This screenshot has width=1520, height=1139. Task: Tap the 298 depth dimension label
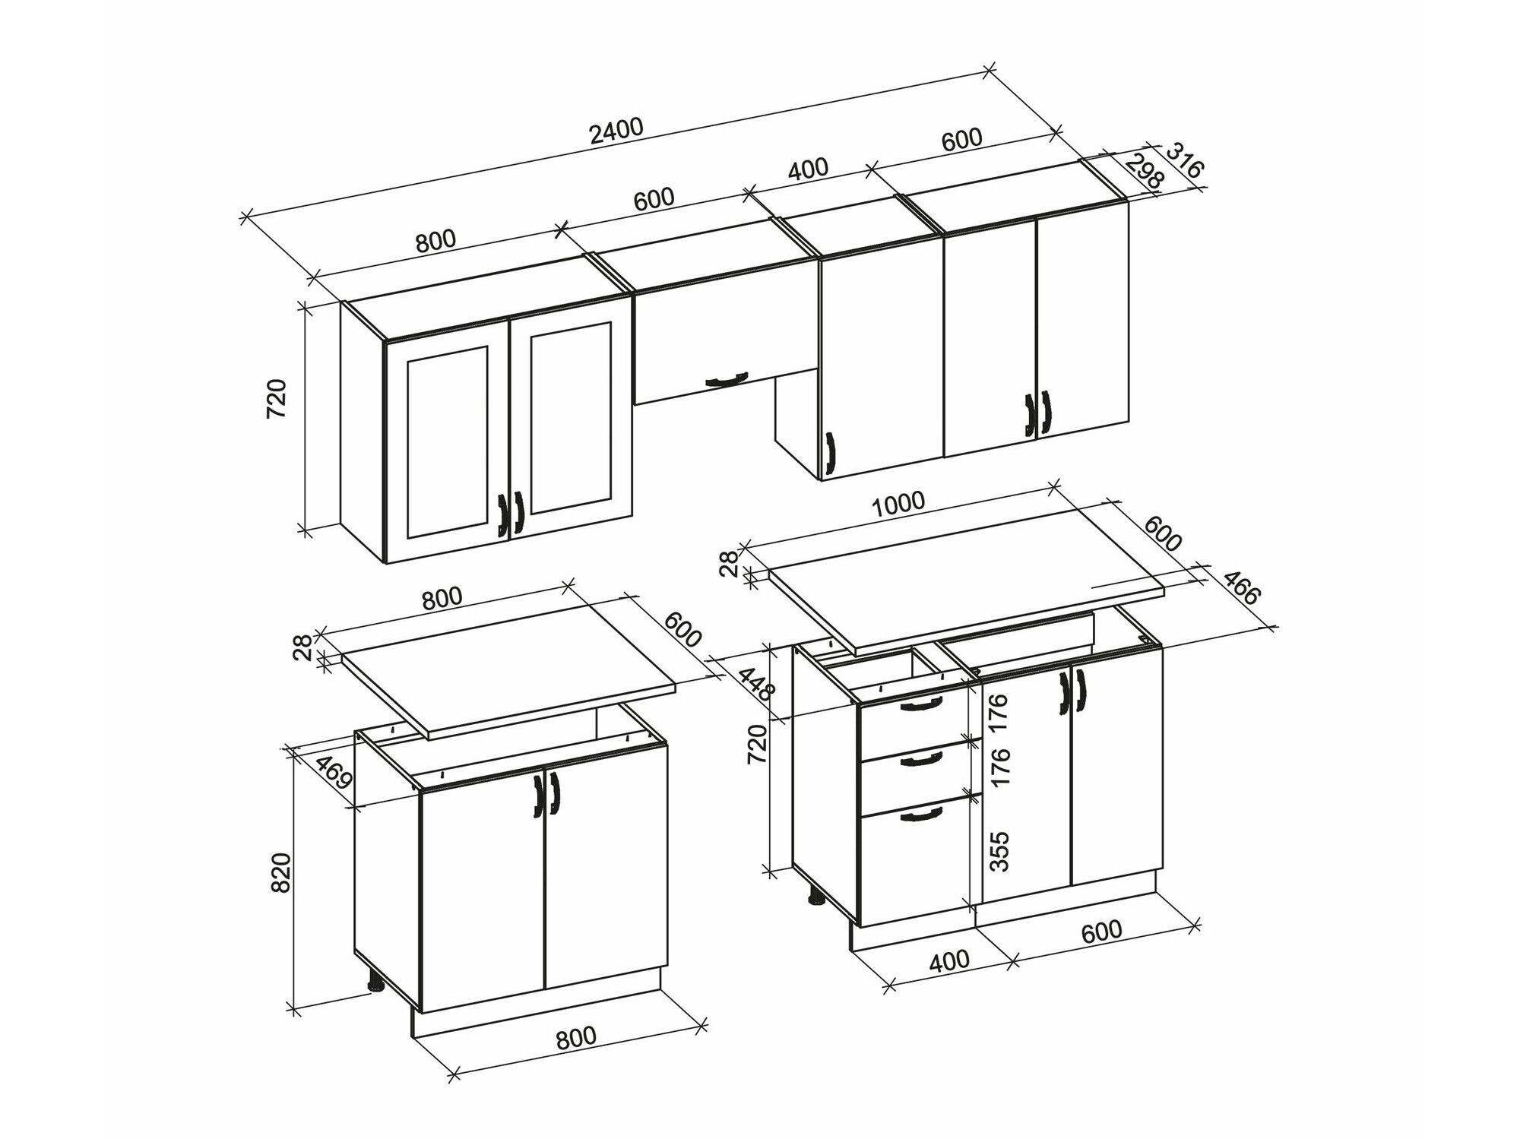1145,172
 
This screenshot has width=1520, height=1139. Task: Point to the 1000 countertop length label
898,504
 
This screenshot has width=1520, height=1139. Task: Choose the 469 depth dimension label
334,772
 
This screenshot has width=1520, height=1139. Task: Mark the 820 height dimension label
280,872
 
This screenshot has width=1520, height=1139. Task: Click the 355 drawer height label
1000,851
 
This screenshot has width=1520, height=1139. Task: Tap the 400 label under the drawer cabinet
949,960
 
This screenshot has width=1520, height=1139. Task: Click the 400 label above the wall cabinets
808,169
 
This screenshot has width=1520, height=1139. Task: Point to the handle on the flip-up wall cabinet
727,379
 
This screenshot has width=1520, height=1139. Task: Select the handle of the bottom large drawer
920,815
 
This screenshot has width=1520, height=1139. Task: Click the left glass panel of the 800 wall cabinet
447,442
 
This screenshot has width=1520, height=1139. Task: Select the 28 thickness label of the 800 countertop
303,647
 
